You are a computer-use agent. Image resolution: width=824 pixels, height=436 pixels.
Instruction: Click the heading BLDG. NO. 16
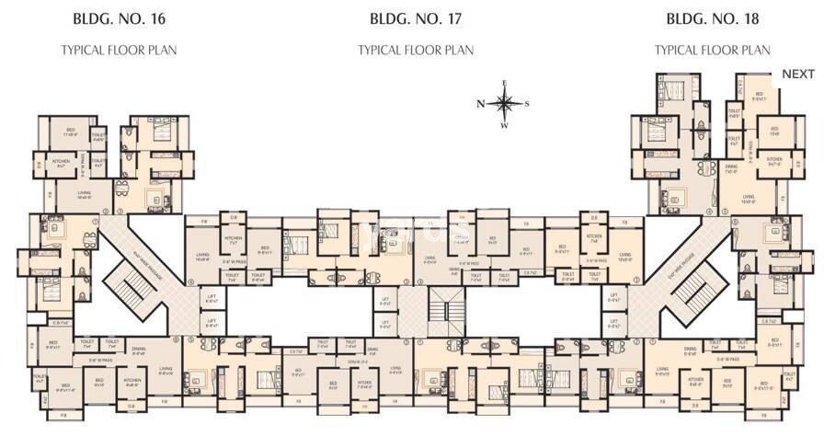[x=119, y=17]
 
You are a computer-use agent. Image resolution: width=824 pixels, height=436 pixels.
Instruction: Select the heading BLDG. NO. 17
[x=416, y=17]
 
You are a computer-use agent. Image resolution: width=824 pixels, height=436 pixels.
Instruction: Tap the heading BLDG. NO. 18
[x=713, y=17]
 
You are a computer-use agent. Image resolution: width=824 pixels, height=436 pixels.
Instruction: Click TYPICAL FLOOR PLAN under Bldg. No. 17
[x=416, y=50]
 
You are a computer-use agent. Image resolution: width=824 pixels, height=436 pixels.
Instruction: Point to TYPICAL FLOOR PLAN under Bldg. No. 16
[x=119, y=50]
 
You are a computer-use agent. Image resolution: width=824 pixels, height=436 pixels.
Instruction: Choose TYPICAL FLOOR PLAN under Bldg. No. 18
[x=713, y=50]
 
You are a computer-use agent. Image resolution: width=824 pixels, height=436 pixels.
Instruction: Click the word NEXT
[x=797, y=74]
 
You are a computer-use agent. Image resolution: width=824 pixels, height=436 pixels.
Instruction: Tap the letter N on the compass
[x=481, y=104]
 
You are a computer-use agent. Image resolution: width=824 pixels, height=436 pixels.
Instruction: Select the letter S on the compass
[x=527, y=104]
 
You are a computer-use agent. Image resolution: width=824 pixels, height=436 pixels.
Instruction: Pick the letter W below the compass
[x=504, y=126]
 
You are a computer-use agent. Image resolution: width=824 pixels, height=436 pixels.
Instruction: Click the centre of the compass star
[x=504, y=104]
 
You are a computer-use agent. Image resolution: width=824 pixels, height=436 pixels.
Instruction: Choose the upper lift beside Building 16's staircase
[x=212, y=297]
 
